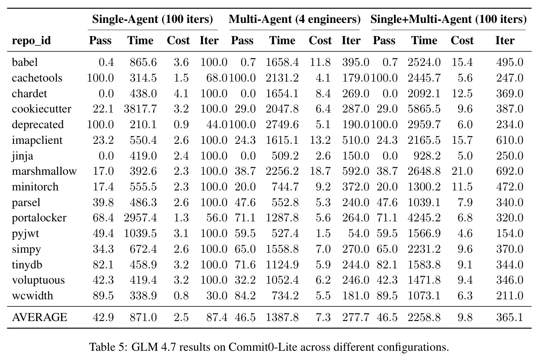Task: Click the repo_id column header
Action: [x=31, y=41]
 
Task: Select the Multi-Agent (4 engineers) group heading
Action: [x=295, y=19]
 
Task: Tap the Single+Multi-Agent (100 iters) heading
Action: [x=448, y=19]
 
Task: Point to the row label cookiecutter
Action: [x=41, y=109]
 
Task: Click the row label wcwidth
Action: [x=32, y=295]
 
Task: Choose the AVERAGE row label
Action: [x=39, y=317]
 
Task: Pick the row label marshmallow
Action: [x=44, y=171]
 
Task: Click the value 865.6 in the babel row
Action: [x=143, y=62]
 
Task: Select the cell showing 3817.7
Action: [x=140, y=109]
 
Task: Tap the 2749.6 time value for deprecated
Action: [x=282, y=125]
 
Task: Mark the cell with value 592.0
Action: [x=355, y=171]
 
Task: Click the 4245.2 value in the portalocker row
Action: [x=424, y=218]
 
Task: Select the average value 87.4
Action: [x=216, y=317]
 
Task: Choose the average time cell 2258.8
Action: [x=424, y=317]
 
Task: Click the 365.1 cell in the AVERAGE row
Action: [x=509, y=317]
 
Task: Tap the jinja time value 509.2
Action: [x=285, y=155]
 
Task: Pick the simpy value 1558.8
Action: [x=282, y=249]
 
